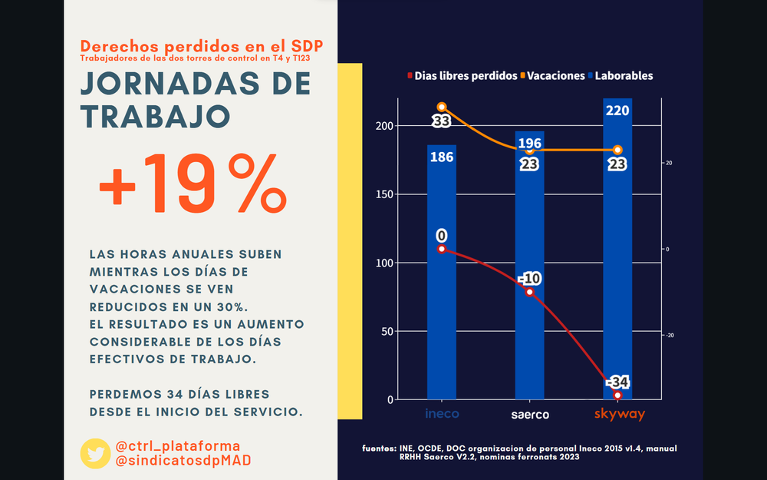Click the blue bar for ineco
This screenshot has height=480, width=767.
coord(442,307)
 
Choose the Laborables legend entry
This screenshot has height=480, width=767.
coord(624,76)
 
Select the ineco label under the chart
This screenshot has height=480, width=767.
coord(442,415)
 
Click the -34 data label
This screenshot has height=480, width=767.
coord(617,382)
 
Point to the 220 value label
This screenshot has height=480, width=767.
coord(617,111)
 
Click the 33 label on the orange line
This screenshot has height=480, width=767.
coord(441,121)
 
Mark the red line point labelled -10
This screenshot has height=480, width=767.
coord(529,292)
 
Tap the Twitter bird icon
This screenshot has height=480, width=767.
coord(95,453)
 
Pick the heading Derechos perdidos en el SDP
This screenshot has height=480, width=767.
coord(201,46)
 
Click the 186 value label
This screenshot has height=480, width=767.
coord(442,157)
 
